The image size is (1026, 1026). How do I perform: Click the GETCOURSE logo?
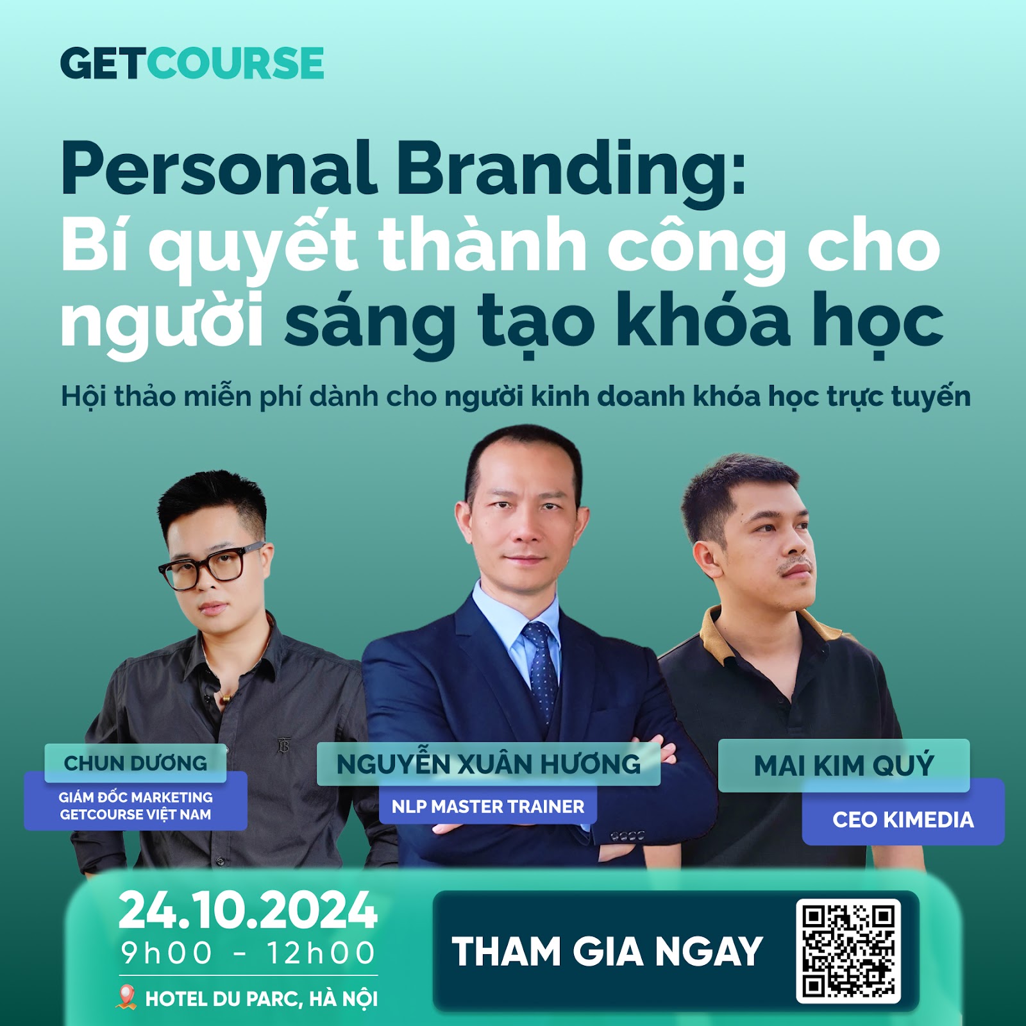pos(192,63)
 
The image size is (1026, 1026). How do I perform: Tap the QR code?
pos(848,951)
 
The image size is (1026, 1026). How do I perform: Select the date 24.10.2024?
pos(248,911)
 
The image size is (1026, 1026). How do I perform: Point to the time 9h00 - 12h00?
pos(248,953)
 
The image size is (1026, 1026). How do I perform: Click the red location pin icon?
pos(128,997)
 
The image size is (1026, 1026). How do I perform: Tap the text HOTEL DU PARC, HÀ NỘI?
pos(262,998)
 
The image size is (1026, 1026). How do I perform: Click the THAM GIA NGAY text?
pos(607,951)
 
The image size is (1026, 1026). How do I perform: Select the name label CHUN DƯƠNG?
pos(135,763)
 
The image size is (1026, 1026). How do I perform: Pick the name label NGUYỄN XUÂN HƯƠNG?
pos(489,764)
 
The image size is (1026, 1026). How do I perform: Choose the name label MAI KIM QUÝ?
pos(844,766)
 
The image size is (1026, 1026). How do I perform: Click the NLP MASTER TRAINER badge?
pos(488,806)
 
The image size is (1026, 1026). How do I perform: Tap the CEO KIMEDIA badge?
pos(903,819)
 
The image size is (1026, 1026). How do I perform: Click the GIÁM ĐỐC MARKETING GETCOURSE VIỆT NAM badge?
pos(135,805)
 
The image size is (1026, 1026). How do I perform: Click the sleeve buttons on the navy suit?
pos(628,836)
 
